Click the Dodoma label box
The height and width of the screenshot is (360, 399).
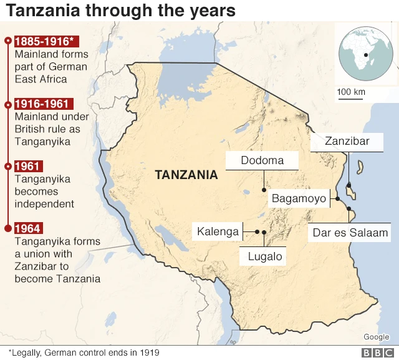click(262, 160)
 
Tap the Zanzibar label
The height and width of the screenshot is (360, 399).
click(347, 142)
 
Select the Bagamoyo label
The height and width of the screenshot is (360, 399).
click(299, 198)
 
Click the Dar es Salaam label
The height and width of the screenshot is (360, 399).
click(350, 233)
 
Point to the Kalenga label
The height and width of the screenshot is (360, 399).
click(218, 231)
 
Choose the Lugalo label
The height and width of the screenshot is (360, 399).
click(265, 256)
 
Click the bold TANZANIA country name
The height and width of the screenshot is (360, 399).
click(186, 175)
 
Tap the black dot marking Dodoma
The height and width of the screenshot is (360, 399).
click(264, 189)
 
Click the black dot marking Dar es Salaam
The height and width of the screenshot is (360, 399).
click(350, 208)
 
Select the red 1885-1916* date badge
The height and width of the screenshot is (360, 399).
click(46, 41)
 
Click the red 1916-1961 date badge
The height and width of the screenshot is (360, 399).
click(42, 104)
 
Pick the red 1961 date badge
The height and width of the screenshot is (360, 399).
click(29, 167)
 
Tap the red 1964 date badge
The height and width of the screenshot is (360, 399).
click(29, 229)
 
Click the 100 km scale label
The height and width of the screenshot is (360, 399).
click(351, 92)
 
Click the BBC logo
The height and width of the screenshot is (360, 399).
click(376, 353)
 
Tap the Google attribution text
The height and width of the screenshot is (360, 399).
click(376, 338)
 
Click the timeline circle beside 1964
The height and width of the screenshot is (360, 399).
click(7, 229)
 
